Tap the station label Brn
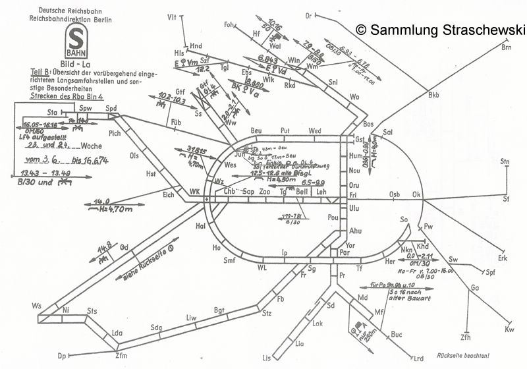click(507, 47)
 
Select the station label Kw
click(509, 329)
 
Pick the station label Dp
click(63, 356)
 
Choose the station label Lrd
click(418, 358)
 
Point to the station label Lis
click(266, 357)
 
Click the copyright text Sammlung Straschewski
click(439, 29)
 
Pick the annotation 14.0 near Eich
click(101, 202)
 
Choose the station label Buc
click(396, 335)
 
